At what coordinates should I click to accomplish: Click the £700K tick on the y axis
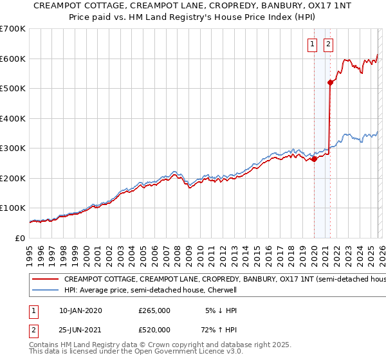13,29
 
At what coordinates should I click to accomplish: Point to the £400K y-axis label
13,118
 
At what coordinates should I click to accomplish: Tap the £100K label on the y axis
13,208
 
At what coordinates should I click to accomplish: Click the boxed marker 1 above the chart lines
312,44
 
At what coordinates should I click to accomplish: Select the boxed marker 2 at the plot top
328,44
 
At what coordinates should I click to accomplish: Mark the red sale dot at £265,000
314,159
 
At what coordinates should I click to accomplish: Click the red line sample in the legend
45,280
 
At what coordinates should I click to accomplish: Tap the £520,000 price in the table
154,330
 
